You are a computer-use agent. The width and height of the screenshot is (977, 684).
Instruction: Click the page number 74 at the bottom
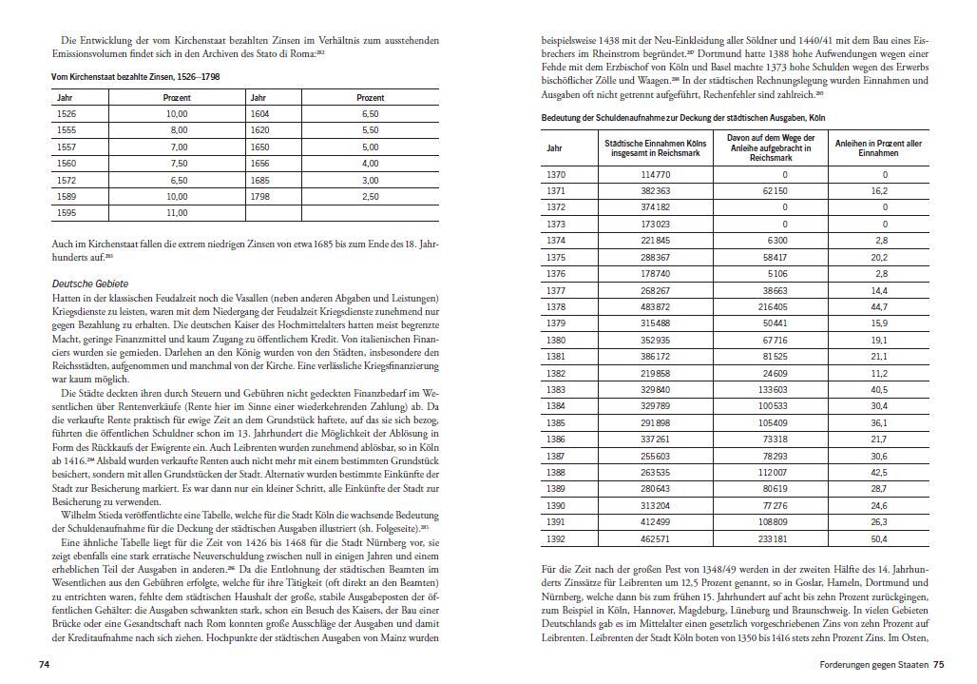coord(44,664)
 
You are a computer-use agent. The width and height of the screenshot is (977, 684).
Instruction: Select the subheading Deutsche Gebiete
coord(89,283)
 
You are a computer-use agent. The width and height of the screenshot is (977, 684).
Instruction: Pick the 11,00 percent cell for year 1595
coord(177,213)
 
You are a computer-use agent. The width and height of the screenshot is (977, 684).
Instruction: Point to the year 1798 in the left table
coord(259,196)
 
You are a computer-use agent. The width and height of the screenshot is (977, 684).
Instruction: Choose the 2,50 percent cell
coord(370,196)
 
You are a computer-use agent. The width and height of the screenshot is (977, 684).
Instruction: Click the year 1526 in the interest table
coord(67,113)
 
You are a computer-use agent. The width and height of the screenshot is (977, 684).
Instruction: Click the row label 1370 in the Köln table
coord(556,175)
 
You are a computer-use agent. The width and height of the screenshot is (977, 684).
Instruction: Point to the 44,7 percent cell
coord(878,307)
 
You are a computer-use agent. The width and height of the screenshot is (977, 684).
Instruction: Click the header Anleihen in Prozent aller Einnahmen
coord(877,148)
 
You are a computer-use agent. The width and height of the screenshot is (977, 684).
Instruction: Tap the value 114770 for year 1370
coord(655,175)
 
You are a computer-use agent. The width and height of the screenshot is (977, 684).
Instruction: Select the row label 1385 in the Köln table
coord(556,422)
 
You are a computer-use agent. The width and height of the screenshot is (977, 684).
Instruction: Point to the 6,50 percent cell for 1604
coord(370,113)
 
